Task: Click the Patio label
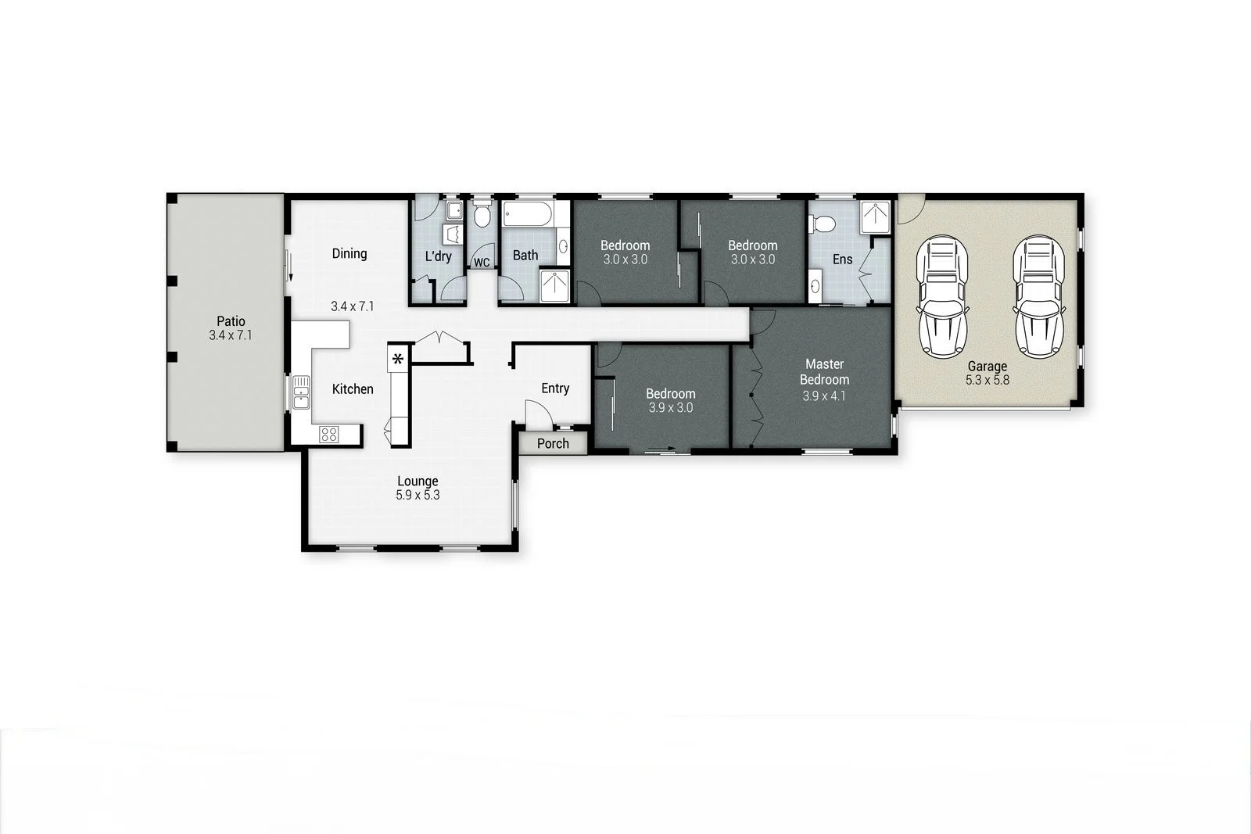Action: [231, 321]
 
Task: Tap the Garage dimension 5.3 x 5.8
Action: [987, 381]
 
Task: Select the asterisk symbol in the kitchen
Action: [398, 360]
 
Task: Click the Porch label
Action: [553, 444]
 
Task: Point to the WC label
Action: [482, 263]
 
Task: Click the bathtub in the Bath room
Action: [527, 213]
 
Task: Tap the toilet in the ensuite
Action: [823, 225]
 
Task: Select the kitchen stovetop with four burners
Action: [329, 434]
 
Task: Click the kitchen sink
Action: [301, 392]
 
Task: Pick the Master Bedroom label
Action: [824, 372]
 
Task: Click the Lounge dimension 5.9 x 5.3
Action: [418, 496]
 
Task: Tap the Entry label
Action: [555, 388]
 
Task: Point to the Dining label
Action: [349, 253]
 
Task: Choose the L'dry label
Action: [438, 256]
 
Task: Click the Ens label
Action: [842, 260]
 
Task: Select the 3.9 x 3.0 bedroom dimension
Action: [670, 408]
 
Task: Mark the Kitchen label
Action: [353, 389]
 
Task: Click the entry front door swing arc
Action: [536, 413]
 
